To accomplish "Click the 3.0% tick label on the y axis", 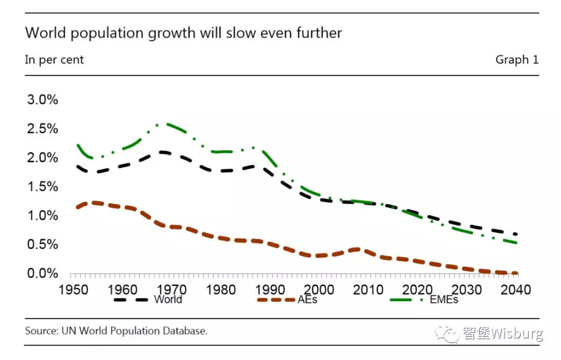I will tap(43, 100).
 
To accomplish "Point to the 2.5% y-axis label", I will tap(43, 129).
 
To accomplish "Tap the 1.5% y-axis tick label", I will tap(43, 186).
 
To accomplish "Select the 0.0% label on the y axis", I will tap(43, 273).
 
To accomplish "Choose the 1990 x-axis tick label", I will tap(269, 289).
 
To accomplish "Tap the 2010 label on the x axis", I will tap(368, 289).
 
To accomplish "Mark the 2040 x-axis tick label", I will tap(516, 289).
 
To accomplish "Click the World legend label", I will tap(168, 299).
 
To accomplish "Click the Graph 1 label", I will tap(517, 60).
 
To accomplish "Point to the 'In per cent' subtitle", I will tap(54, 60).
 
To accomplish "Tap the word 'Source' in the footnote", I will tap(41, 331).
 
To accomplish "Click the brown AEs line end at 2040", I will tap(515, 273).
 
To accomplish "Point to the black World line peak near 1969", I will tap(164, 152).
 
